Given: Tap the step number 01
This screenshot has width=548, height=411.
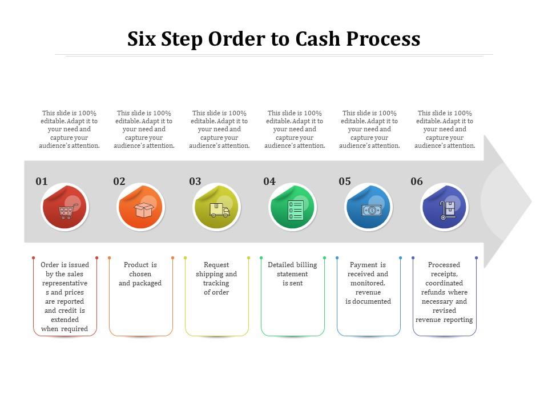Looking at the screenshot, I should coord(42,182).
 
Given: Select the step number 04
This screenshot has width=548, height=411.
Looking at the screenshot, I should coord(269,182).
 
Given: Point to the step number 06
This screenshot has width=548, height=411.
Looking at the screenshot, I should coord(417,182).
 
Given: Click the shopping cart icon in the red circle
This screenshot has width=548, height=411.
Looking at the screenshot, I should coord(66,212).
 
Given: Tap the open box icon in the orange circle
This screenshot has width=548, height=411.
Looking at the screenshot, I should coord(143,210).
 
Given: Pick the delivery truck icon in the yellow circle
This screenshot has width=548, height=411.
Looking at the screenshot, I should coord(219,211).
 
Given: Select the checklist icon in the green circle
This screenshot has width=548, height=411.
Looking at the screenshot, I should coord(295,210).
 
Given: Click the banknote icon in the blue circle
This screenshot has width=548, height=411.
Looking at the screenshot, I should coord(372,210).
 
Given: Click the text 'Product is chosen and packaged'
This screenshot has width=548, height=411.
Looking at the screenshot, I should coord(140,274).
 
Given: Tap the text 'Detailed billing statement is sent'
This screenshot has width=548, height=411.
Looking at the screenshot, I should coord(292,274).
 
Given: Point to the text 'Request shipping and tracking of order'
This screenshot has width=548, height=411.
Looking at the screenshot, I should coord(216,279).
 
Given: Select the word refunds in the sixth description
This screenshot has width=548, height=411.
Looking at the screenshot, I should coord(433,292).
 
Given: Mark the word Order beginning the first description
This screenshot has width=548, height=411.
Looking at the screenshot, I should coord(50,265).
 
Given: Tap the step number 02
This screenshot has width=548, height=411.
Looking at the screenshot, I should coord(119,182).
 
